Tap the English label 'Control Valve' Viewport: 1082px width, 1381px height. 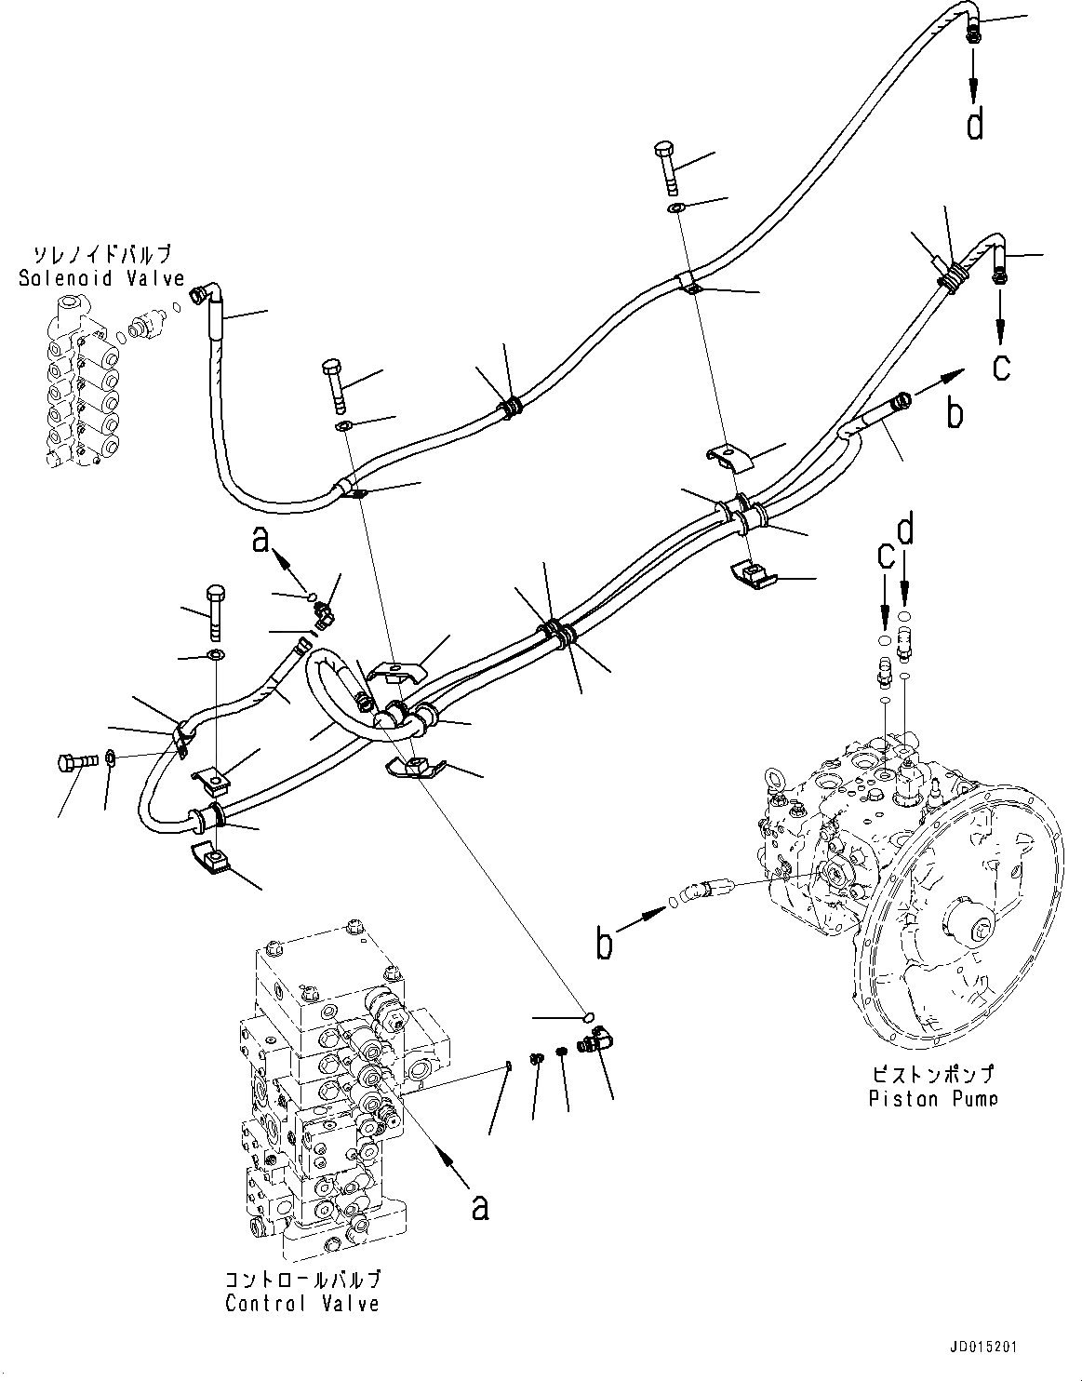point(301,1303)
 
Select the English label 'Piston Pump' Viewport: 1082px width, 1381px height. point(932,1099)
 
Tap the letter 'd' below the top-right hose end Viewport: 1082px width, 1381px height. point(974,124)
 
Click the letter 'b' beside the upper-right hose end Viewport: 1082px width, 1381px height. point(955,414)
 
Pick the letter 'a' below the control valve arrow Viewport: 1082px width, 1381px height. point(479,1207)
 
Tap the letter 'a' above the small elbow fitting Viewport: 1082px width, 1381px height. point(261,541)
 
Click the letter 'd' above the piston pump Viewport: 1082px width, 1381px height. point(905,532)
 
